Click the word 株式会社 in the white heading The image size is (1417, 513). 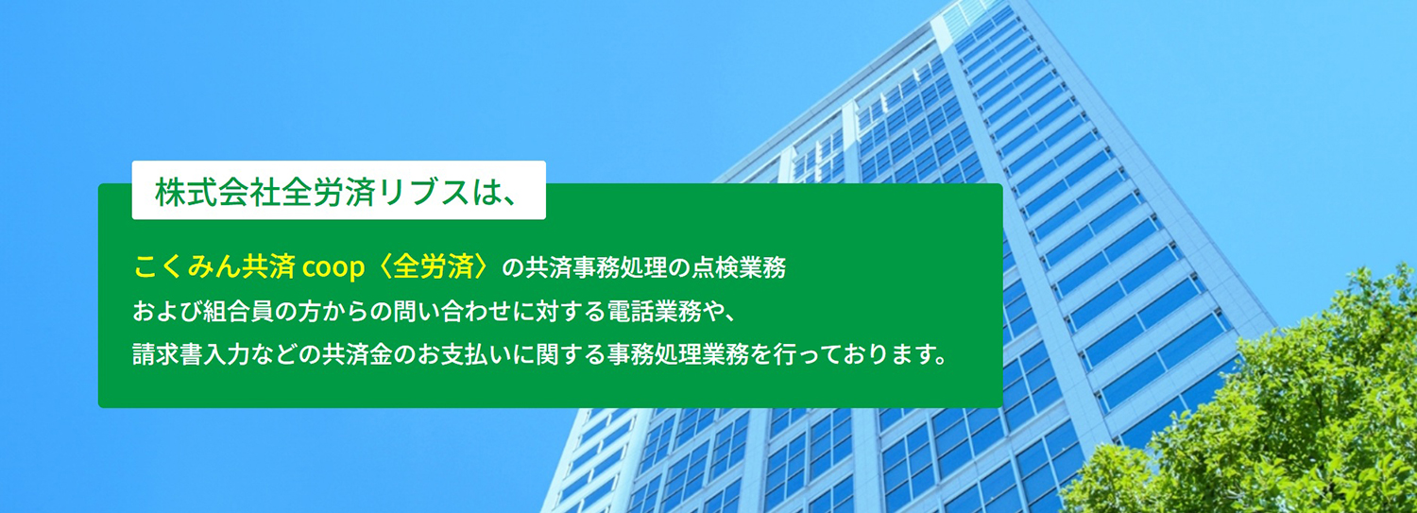(x=218, y=193)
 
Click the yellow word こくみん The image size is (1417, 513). (x=187, y=267)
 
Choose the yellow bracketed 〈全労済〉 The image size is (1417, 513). (x=434, y=267)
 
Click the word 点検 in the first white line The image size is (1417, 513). (x=709, y=267)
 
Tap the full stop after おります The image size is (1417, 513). (x=938, y=361)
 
